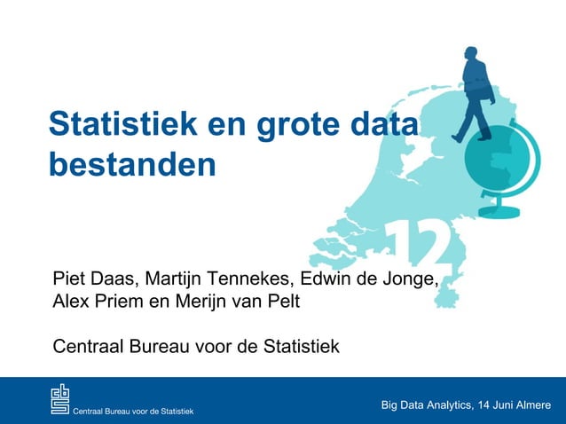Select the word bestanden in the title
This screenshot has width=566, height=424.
[x=132, y=165]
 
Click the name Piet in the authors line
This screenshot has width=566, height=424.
[x=69, y=281]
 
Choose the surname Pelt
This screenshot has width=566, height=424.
[x=283, y=302]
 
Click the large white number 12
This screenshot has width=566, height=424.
[x=421, y=241]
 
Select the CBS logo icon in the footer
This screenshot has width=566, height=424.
[x=59, y=399]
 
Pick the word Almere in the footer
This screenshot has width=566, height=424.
[x=532, y=405]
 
